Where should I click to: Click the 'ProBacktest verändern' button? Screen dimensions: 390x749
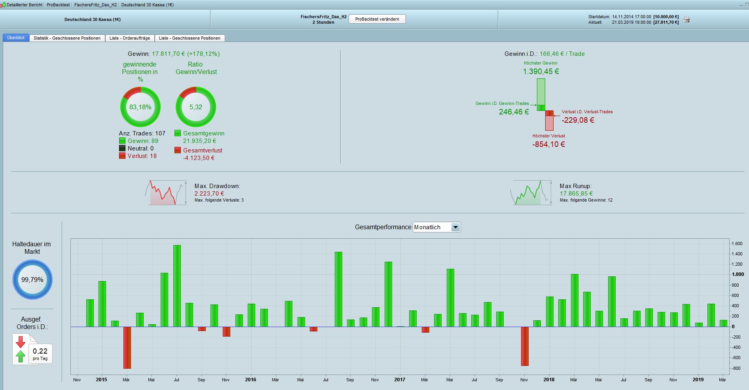point(377,19)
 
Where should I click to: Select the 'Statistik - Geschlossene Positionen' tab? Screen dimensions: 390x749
point(67,38)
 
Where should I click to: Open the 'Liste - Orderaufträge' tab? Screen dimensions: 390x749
point(130,38)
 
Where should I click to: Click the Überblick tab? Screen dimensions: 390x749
point(16,38)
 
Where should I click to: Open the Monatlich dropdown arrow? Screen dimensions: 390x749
point(455,227)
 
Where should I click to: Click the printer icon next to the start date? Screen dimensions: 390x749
point(686,19)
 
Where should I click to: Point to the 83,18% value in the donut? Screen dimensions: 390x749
point(140,107)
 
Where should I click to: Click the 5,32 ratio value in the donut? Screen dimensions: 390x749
point(195,107)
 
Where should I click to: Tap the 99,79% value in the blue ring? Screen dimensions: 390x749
point(32,280)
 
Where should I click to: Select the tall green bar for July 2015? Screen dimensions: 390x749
point(177,285)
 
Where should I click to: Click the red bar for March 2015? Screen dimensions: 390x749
point(127,347)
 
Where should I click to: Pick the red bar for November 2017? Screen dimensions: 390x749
point(525,346)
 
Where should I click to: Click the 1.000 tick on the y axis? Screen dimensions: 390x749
point(738,274)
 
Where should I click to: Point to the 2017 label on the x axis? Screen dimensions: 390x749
point(400,380)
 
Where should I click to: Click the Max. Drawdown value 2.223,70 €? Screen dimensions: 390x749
point(209,194)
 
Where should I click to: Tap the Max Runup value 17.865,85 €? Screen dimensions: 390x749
point(576,194)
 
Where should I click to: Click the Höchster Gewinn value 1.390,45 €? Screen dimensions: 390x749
point(540,72)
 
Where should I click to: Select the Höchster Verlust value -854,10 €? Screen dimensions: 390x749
point(548,145)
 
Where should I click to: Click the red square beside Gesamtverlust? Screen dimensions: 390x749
point(178,150)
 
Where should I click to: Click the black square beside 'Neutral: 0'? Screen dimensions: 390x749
point(122,148)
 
